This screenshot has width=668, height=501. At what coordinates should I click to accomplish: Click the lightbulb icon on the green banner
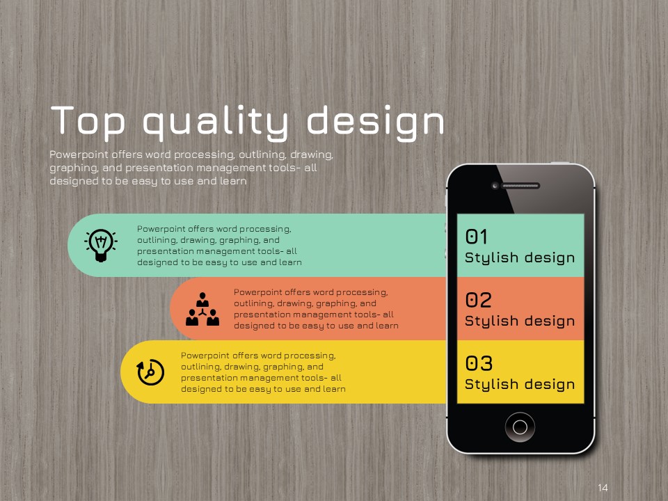[100, 246]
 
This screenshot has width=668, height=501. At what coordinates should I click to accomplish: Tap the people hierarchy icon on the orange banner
[202, 309]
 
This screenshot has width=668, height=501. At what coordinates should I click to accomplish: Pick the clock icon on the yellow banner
[150, 372]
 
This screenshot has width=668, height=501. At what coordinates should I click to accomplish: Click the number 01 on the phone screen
[476, 237]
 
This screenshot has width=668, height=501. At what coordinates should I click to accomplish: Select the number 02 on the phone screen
[478, 300]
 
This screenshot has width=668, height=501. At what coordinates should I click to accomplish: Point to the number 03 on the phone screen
[479, 363]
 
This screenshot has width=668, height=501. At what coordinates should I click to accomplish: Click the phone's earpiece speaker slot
[520, 186]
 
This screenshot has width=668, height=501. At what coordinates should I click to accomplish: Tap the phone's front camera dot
[495, 186]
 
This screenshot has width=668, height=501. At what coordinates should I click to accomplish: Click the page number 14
[603, 487]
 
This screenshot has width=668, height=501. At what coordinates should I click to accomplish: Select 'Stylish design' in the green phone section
[520, 257]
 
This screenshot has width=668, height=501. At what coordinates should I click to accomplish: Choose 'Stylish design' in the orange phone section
[520, 321]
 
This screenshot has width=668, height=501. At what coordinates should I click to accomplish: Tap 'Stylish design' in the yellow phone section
[520, 384]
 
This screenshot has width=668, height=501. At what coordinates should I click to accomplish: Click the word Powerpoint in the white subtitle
[79, 154]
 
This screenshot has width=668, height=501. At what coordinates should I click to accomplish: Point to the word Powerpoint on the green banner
[161, 229]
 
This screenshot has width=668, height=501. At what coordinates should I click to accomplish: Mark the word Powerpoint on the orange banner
[258, 292]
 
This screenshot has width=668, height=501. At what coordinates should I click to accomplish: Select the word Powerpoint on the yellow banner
[205, 356]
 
